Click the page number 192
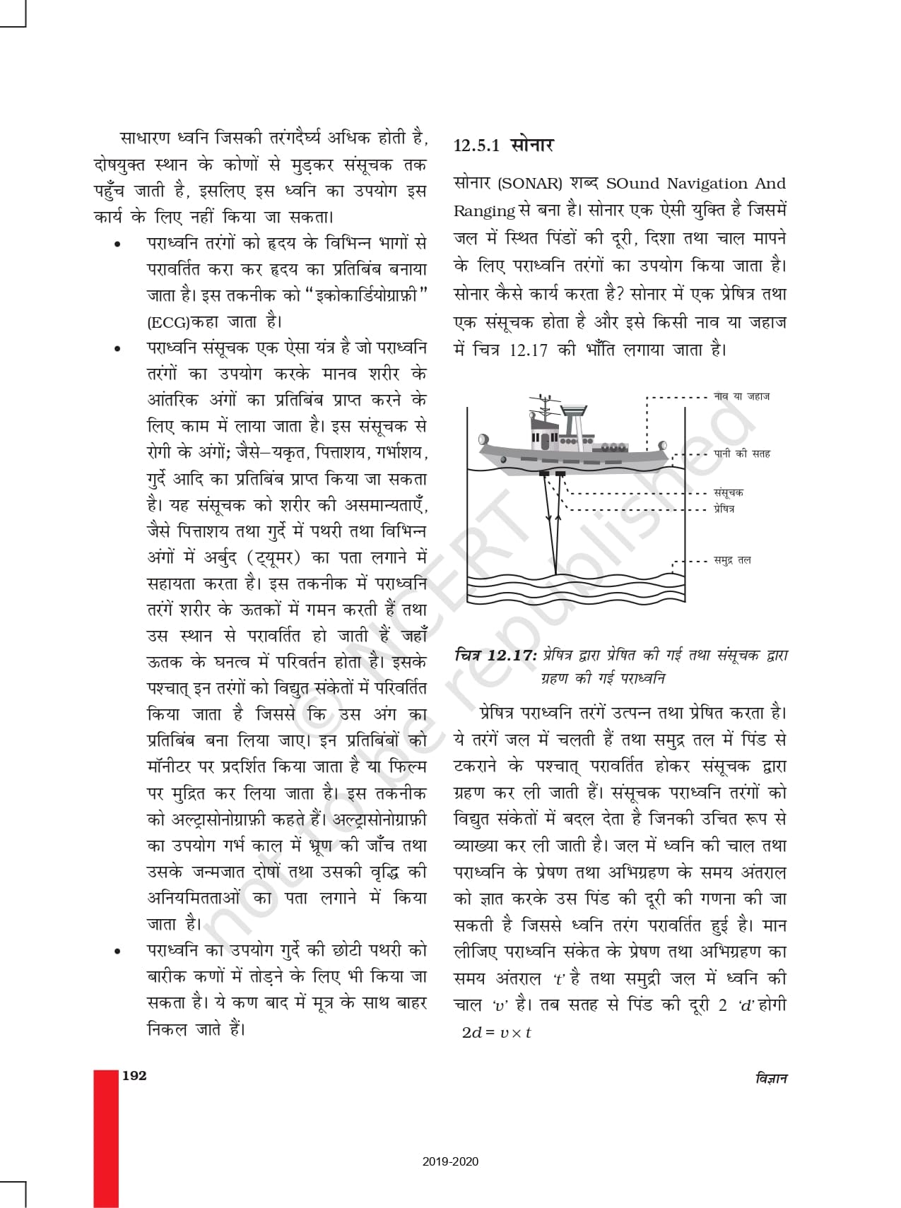[134, 1076]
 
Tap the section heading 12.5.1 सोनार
[503, 146]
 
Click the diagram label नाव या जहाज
[741, 397]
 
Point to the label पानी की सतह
[741, 454]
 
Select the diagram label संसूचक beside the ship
[728, 492]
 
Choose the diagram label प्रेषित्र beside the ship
[724, 508]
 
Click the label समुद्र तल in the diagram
[732, 560]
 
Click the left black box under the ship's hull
[545, 473]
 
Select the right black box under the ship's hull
[560, 473]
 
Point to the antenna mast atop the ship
[543, 408]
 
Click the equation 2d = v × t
[496, 1032]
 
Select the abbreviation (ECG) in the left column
[163, 322]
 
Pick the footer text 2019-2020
[451, 1161]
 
